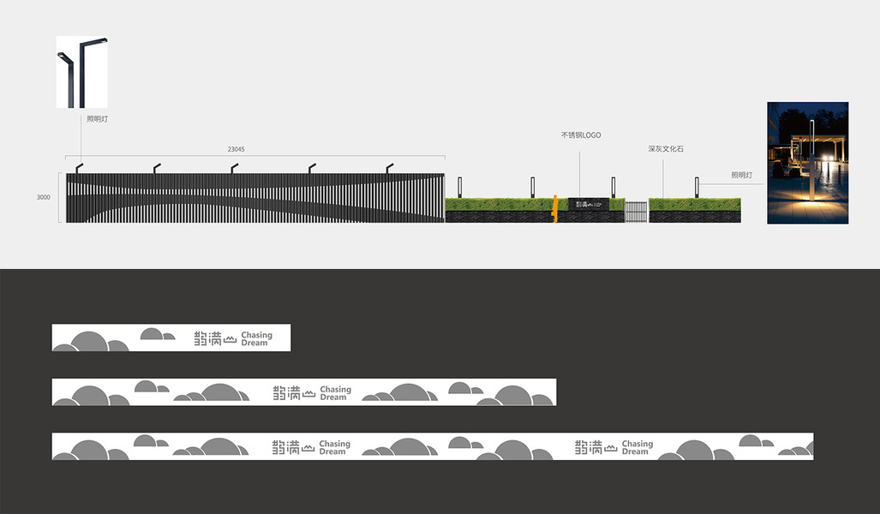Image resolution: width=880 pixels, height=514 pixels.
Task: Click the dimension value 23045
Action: click(x=234, y=149)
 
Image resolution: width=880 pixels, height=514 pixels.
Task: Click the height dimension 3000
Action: click(x=43, y=198)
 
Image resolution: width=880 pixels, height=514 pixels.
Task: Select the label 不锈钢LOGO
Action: click(x=580, y=135)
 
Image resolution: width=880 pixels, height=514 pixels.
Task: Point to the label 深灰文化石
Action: click(x=665, y=149)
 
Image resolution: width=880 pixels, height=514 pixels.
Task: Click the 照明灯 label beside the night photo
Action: click(x=741, y=175)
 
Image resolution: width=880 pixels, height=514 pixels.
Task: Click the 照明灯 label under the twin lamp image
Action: click(x=97, y=119)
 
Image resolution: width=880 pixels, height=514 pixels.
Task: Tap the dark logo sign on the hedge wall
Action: click(x=588, y=204)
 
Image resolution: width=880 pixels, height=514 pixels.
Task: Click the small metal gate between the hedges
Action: click(x=635, y=211)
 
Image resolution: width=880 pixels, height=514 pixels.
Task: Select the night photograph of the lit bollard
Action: click(x=807, y=163)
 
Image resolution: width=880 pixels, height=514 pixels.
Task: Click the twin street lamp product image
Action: click(x=82, y=72)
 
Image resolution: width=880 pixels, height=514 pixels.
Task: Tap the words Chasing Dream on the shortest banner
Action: click(x=256, y=339)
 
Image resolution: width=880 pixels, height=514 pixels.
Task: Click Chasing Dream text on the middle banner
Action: click(x=335, y=393)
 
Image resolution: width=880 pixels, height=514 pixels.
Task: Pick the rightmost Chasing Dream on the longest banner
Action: click(x=637, y=447)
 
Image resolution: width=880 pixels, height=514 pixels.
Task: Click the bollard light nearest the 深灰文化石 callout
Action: click(x=697, y=186)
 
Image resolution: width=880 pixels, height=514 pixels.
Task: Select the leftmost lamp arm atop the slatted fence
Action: click(x=79, y=167)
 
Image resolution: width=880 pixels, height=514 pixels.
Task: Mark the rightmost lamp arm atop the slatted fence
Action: click(x=389, y=167)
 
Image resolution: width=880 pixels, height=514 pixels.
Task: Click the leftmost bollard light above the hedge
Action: click(x=460, y=186)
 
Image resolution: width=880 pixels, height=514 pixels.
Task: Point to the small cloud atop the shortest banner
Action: click(x=152, y=333)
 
